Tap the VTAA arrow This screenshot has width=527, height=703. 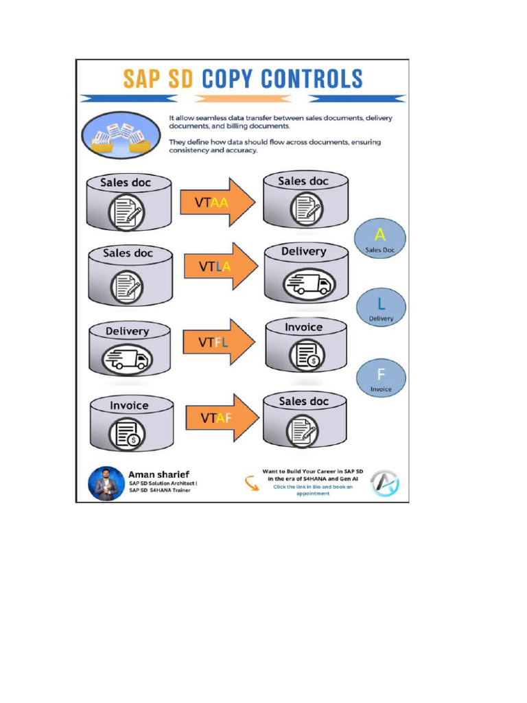coord(217,202)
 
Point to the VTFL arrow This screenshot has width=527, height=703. coord(218,342)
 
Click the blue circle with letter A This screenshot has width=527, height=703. coord(380,238)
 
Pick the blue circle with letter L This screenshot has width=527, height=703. coord(381,307)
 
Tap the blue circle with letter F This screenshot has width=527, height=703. coord(381,378)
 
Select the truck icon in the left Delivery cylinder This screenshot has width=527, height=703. coord(128,358)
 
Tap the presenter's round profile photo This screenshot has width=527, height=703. coord(105,484)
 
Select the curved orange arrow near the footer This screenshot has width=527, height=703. coord(251,483)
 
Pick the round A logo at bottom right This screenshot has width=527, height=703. coord(385,483)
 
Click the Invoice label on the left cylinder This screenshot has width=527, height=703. coord(129,406)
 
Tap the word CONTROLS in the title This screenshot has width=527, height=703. coord(312,78)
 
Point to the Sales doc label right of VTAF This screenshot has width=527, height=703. coord(303,401)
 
